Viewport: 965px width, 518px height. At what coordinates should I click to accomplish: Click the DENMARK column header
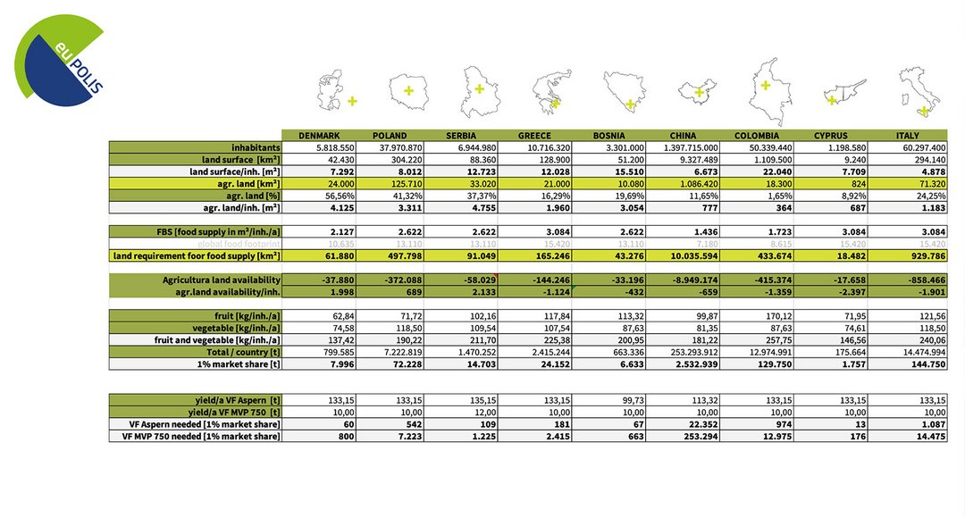pyautogui.click(x=317, y=135)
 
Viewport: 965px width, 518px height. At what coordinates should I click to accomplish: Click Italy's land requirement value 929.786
pyautogui.click(x=927, y=256)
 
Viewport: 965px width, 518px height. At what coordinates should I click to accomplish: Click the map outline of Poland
pyautogui.click(x=409, y=90)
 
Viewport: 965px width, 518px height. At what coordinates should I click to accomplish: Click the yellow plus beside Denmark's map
pyautogui.click(x=352, y=101)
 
